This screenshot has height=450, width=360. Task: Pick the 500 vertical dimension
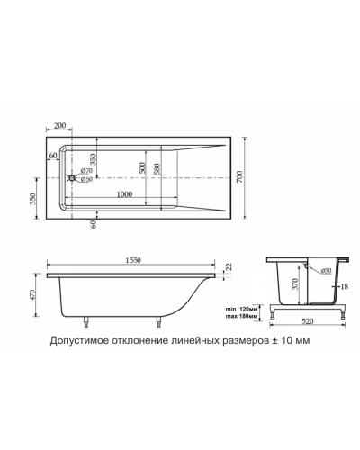142,171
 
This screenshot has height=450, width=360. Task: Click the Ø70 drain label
87,171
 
